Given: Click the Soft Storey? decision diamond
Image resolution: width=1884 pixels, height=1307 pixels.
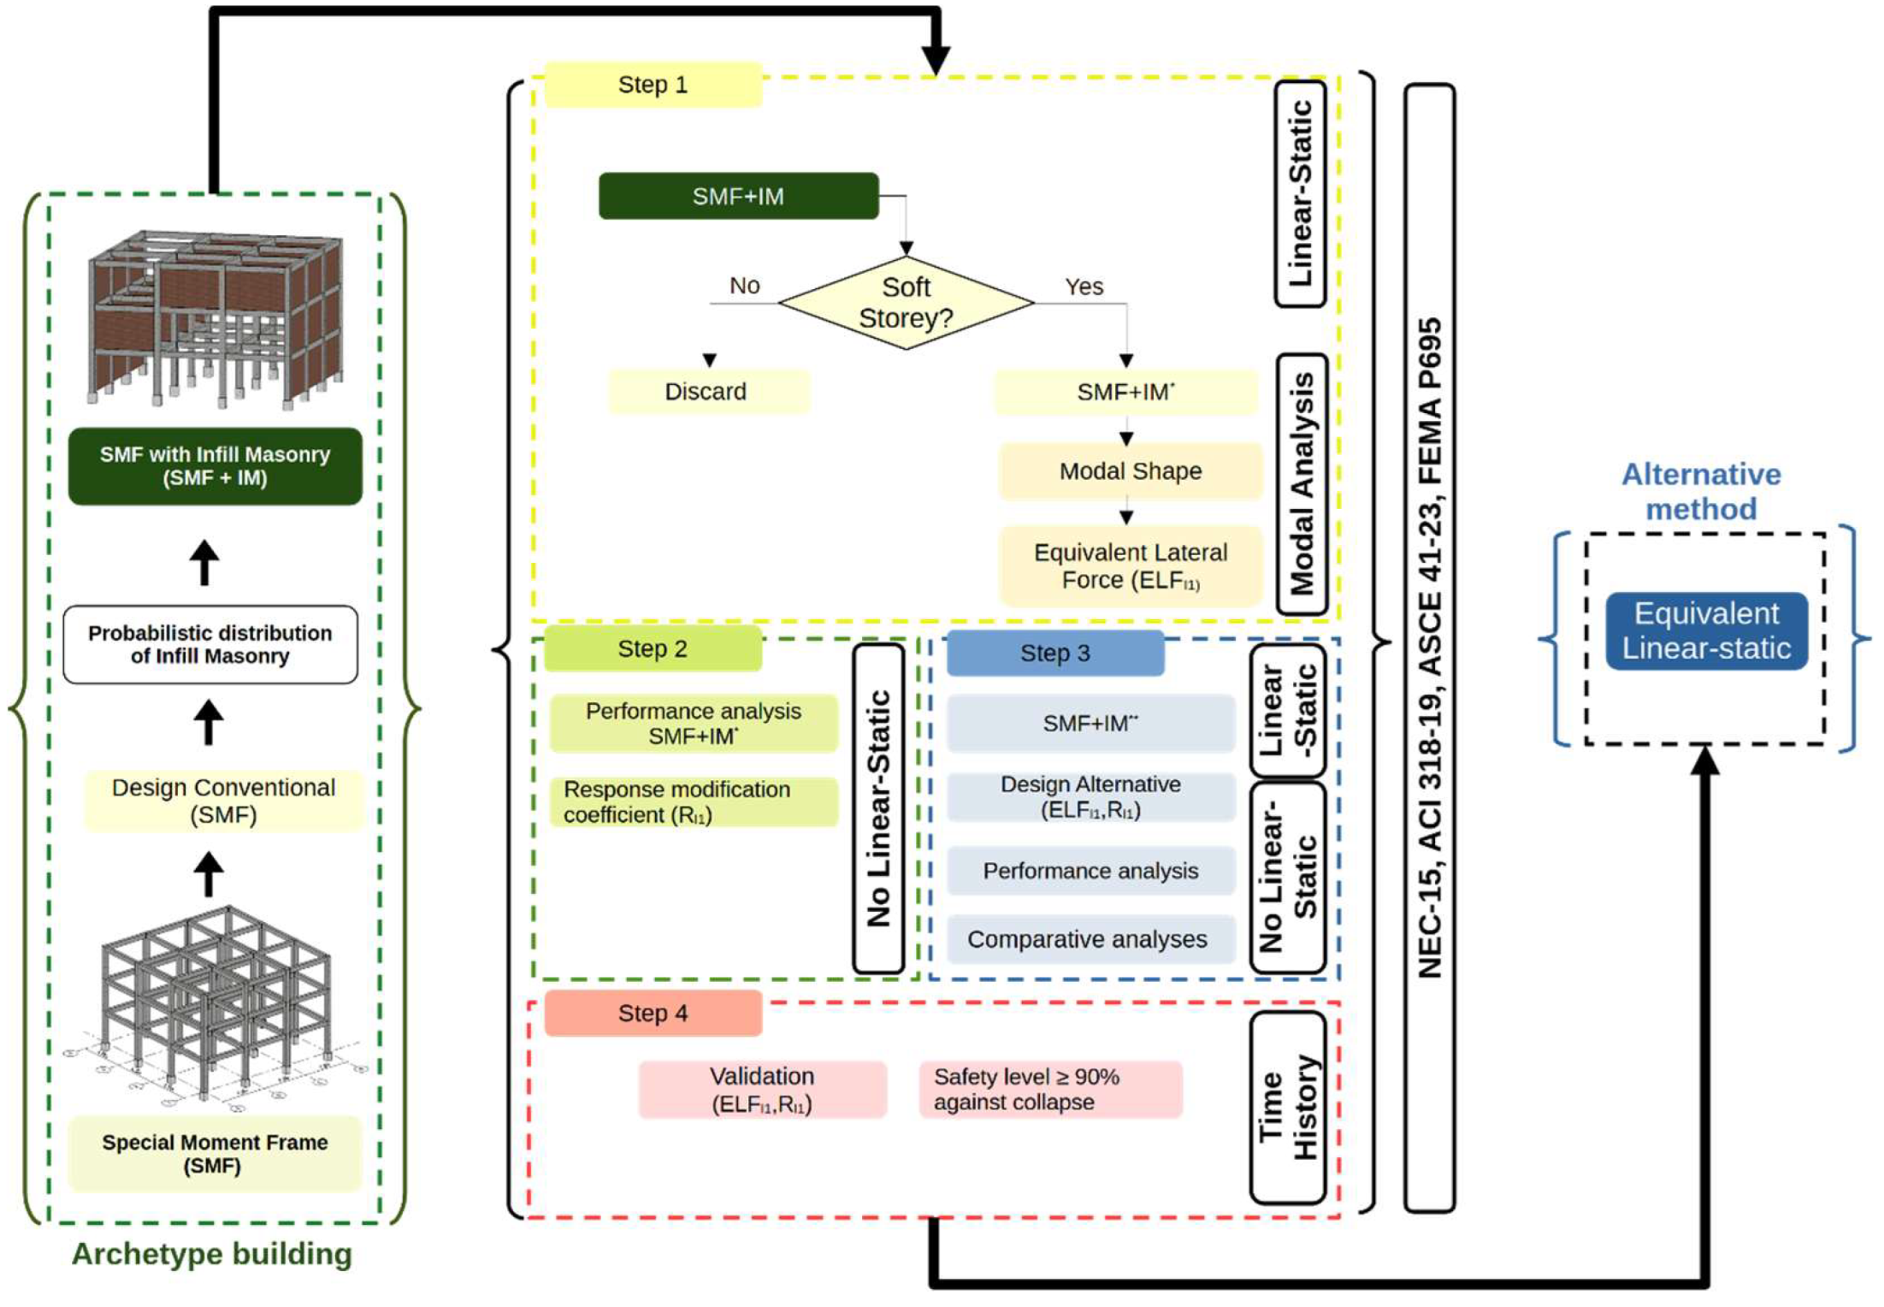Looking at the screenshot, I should click(906, 303).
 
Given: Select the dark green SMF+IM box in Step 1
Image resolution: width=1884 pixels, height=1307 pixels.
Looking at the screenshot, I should click(738, 196).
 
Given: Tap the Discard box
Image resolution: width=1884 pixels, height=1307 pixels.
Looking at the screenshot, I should click(707, 392).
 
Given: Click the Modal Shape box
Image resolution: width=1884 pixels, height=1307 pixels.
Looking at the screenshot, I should click(1130, 470).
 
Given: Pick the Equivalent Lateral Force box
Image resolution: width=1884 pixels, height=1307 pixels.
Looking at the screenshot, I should click(1130, 565).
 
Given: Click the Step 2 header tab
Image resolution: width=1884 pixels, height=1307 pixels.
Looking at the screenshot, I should click(653, 648).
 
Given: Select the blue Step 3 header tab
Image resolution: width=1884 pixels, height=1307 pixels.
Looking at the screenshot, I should click(1054, 653).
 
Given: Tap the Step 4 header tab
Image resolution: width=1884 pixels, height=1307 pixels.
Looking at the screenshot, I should click(653, 1013).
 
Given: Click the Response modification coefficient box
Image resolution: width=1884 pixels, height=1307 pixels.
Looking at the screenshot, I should click(693, 801).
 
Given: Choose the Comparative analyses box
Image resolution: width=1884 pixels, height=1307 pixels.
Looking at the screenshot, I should click(1089, 939).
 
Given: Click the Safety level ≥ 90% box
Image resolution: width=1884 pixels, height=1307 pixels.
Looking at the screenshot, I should click(1049, 1089).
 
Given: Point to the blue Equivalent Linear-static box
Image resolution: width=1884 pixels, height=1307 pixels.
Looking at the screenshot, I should click(1705, 630).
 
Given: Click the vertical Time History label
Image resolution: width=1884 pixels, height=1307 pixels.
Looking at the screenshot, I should click(1287, 1108).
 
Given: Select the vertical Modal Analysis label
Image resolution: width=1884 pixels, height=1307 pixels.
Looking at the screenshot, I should click(1301, 484).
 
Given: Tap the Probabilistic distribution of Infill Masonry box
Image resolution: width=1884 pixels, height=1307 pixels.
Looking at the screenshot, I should click(210, 644).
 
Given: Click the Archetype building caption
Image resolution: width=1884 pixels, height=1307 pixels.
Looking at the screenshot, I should click(211, 1253).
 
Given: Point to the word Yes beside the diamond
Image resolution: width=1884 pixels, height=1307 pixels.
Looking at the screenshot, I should click(1084, 287).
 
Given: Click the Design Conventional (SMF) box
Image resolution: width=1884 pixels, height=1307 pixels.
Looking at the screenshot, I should click(223, 800).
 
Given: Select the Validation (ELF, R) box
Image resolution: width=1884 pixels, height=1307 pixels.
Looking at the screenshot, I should click(761, 1089).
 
